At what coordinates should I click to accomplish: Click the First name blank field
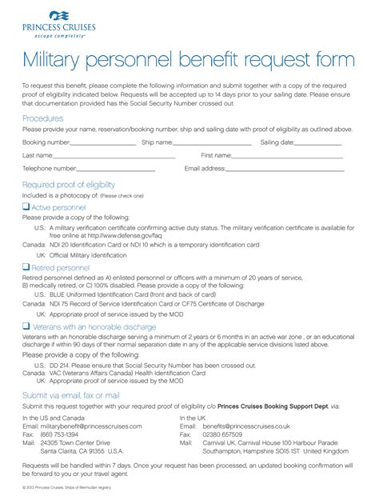tap(287, 157)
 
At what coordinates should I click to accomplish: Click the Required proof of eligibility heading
tap(68, 184)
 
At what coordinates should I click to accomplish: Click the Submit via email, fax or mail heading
tap(71, 395)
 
